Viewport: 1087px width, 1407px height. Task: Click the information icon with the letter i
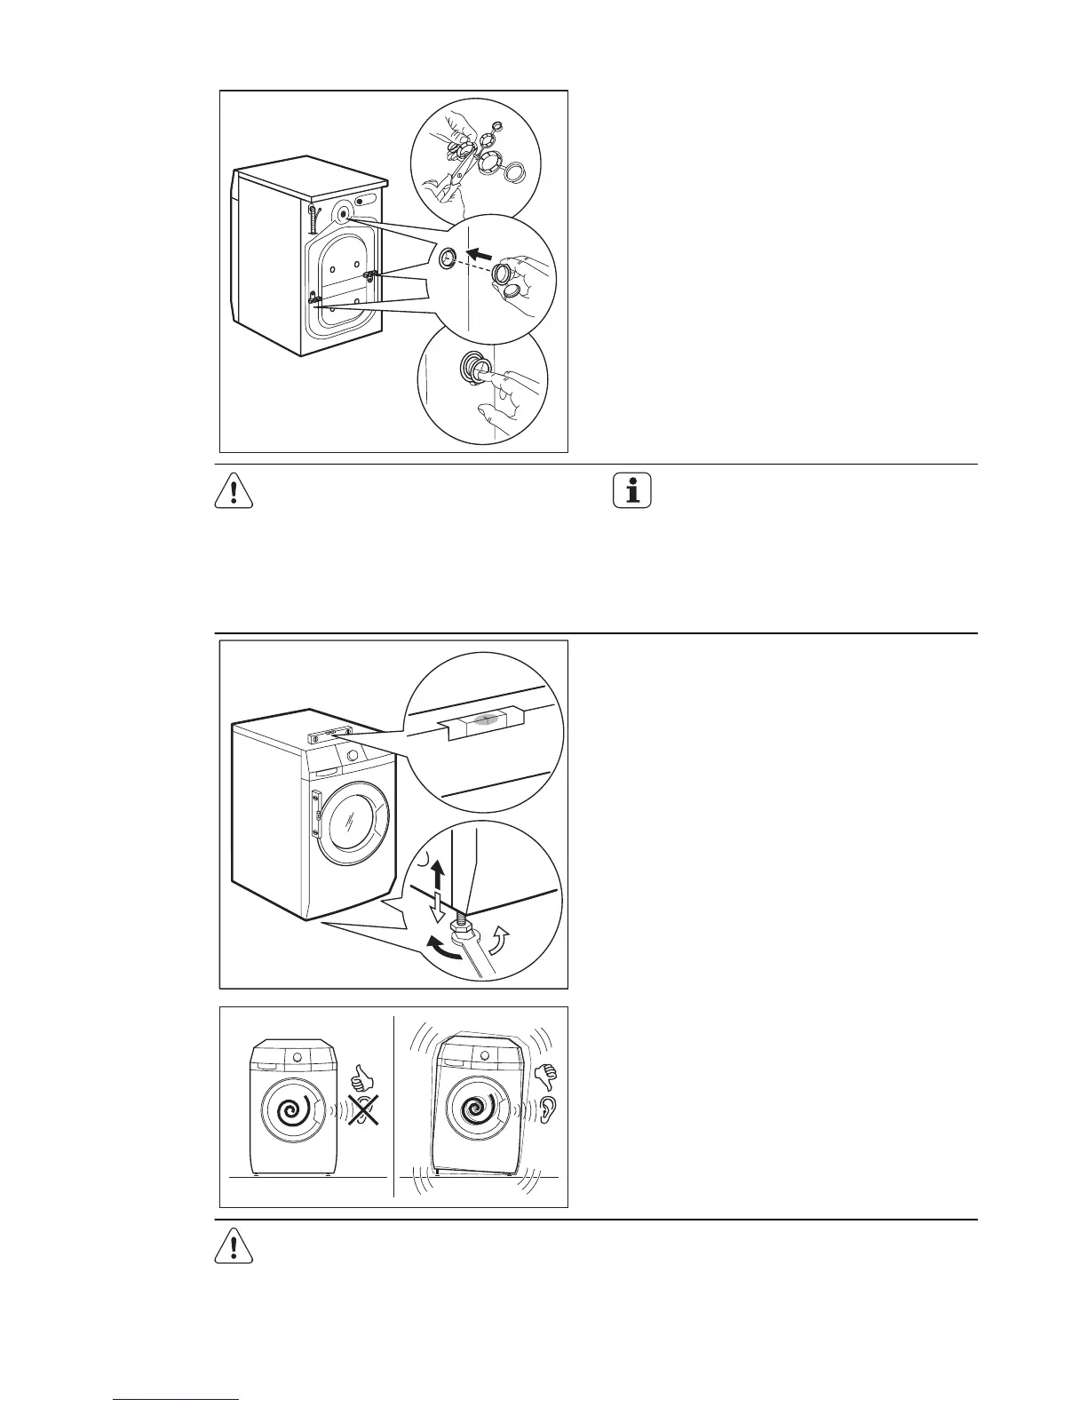click(632, 491)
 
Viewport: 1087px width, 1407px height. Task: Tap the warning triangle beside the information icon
click(234, 491)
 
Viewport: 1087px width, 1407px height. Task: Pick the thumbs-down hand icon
click(546, 1077)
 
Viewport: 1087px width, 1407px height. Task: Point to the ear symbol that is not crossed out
click(546, 1110)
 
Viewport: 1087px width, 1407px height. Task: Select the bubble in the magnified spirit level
click(484, 720)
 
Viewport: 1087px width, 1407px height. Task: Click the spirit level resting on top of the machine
click(329, 734)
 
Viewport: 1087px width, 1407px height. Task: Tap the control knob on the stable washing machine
click(298, 1057)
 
